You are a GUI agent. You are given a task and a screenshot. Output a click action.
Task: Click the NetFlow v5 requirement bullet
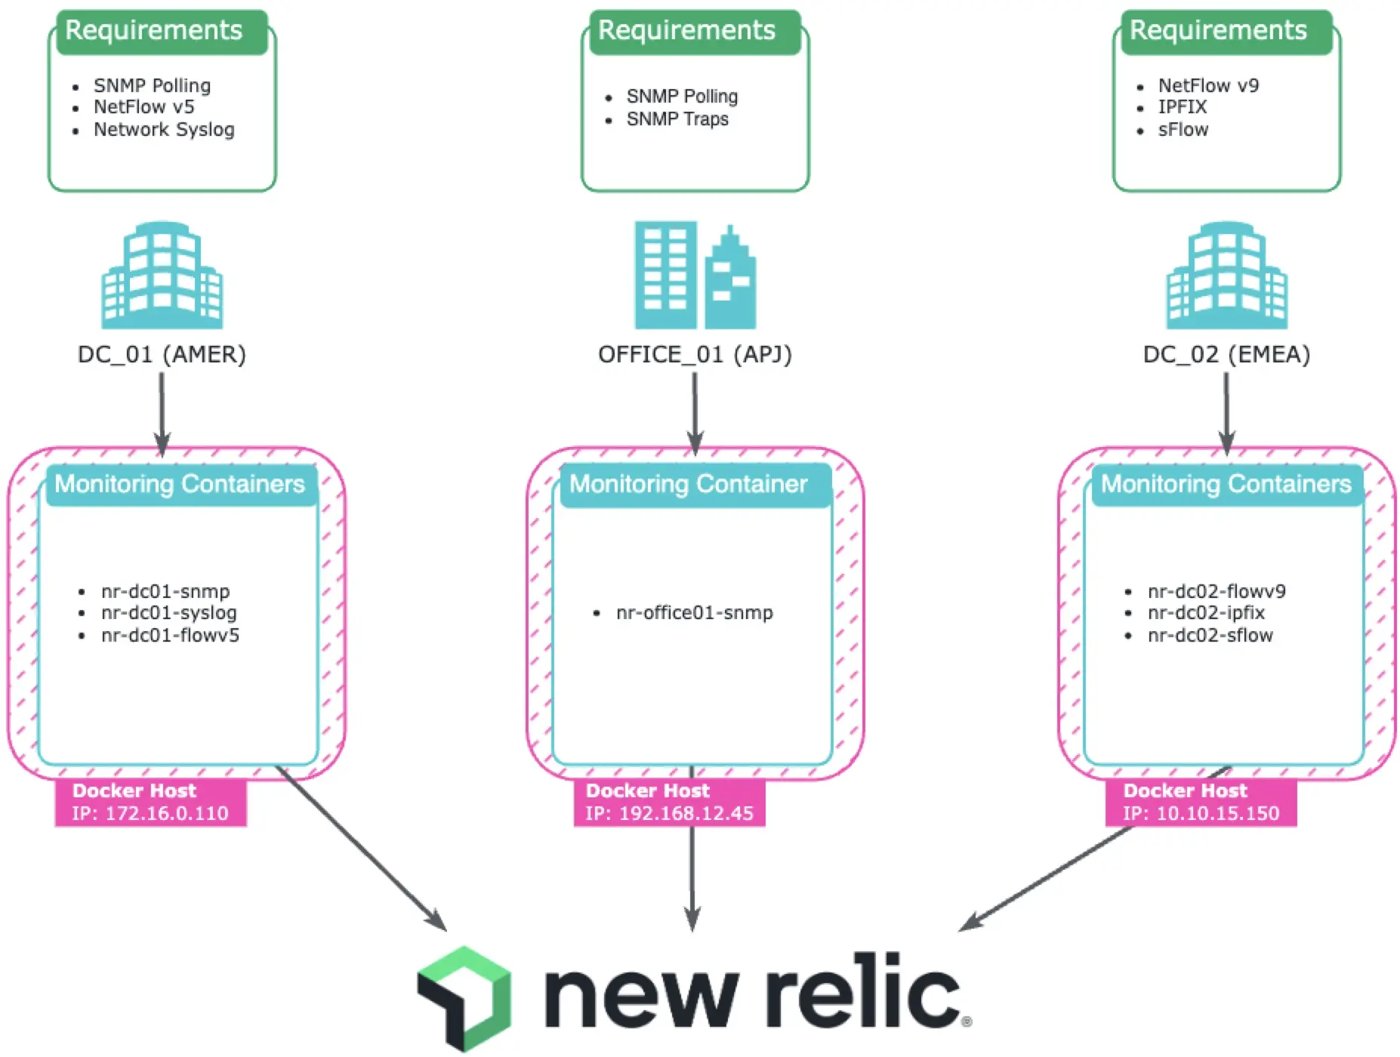143,107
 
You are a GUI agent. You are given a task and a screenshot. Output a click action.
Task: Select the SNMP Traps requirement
677,119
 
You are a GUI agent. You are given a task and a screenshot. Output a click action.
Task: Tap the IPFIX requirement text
1183,107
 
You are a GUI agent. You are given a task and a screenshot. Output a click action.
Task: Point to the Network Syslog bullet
164,130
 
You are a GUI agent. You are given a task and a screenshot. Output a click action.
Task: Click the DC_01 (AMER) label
162,354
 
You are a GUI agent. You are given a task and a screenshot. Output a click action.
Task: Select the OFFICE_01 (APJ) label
695,354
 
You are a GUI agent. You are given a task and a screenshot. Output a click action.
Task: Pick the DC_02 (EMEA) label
1226,354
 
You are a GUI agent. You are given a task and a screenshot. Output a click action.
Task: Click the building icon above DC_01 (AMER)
162,276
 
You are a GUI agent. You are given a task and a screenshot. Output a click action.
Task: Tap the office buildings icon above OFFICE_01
695,276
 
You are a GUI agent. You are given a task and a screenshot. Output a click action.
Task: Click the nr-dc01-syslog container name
168,613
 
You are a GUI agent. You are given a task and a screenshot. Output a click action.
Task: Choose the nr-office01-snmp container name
694,613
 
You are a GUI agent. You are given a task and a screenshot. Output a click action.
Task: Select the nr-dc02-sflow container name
1210,636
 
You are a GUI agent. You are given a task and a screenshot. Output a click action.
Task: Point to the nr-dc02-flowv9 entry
1217,591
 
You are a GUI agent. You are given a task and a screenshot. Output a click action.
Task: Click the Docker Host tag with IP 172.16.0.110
150,803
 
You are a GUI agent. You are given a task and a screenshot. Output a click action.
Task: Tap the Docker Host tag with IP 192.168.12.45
669,803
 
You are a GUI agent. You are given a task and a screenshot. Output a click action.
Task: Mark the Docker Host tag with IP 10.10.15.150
1201,803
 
